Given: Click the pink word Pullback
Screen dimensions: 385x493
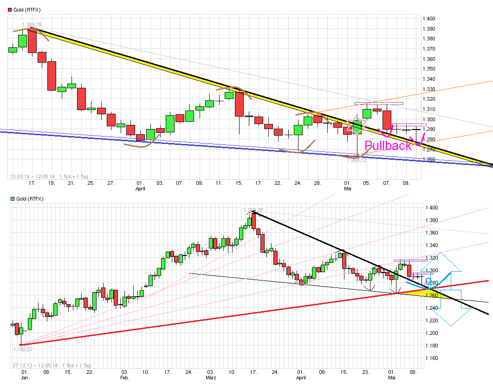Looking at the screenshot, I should (x=388, y=145).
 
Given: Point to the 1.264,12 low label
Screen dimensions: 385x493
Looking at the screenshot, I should (x=357, y=160).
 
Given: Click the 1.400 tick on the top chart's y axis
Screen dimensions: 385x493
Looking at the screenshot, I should (x=428, y=19).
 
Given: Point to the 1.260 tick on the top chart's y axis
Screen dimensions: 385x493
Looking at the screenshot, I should (x=428, y=159).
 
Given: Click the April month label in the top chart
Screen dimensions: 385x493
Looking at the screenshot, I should (x=140, y=189).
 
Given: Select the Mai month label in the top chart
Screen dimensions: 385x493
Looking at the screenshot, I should (x=347, y=189).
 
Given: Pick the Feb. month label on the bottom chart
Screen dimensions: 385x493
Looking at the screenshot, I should (x=124, y=378).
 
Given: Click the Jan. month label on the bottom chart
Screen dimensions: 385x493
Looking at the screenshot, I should (x=26, y=378).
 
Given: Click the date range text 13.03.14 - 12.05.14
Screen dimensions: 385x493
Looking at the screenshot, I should (x=32, y=176).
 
